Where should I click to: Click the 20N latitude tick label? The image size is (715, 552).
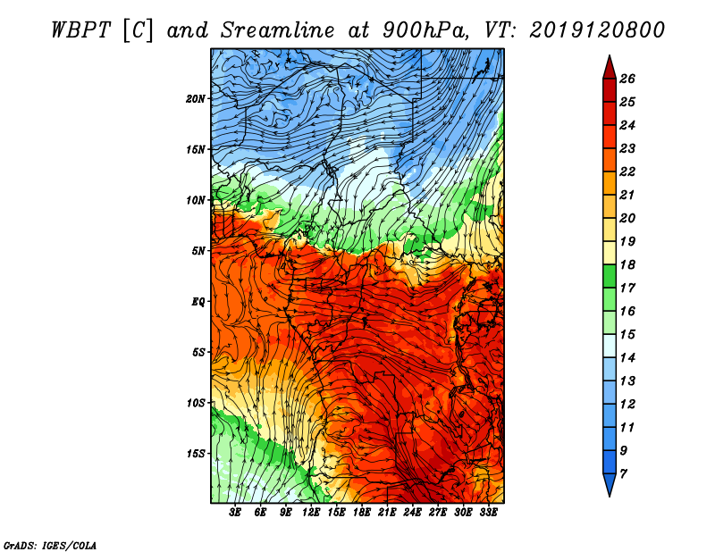pyautogui.click(x=196, y=98)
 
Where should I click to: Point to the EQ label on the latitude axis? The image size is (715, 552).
pyautogui.click(x=198, y=301)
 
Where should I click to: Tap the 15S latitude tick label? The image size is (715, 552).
pyautogui.click(x=196, y=453)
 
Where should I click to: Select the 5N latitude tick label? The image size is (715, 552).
pyautogui.click(x=198, y=250)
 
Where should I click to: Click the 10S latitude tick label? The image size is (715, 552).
pyautogui.click(x=196, y=403)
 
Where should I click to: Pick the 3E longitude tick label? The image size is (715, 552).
pyautogui.click(x=236, y=513)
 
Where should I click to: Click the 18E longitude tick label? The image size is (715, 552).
pyautogui.click(x=362, y=513)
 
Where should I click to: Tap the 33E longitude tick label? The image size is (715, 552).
pyautogui.click(x=488, y=513)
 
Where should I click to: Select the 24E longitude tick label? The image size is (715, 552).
pyautogui.click(x=412, y=513)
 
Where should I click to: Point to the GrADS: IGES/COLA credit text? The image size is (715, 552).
pyautogui.click(x=50, y=544)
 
